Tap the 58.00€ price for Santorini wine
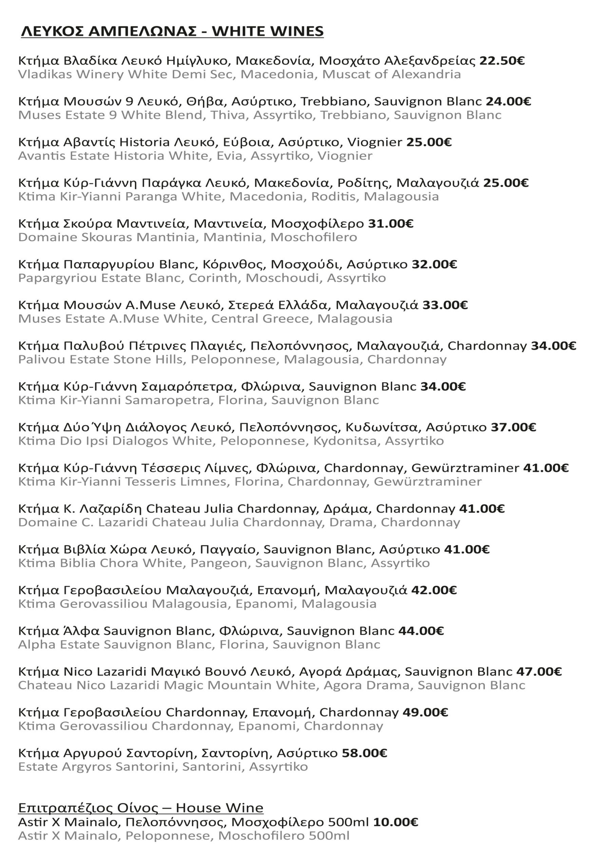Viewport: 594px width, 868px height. [x=364, y=753]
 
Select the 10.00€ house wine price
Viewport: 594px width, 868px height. [x=396, y=822]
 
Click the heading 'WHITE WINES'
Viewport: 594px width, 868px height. [x=268, y=32]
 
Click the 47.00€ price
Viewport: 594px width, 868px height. [x=539, y=672]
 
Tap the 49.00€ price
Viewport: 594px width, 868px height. [x=425, y=712]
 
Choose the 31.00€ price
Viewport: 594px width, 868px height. [x=391, y=224]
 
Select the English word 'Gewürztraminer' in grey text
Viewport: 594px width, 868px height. [x=428, y=481]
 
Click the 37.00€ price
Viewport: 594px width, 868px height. [x=513, y=427]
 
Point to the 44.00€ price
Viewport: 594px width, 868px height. [x=421, y=631]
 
